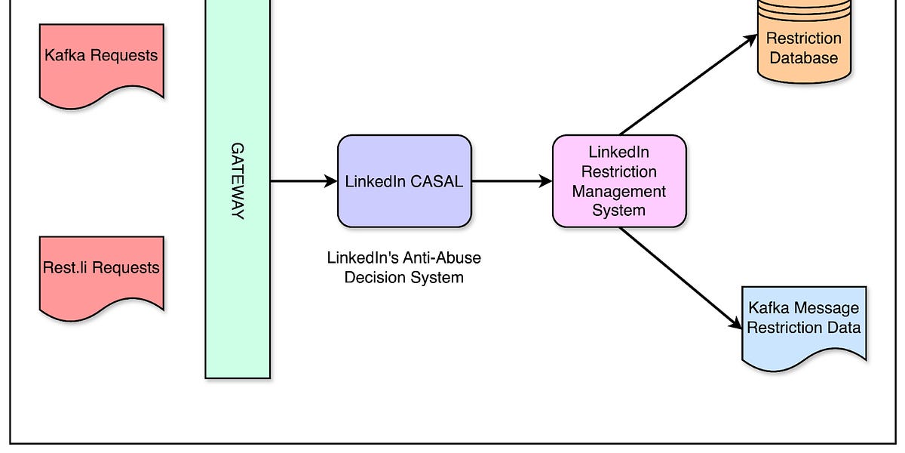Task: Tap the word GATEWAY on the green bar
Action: (x=238, y=181)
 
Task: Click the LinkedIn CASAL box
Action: (x=404, y=181)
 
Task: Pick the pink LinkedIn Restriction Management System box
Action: (x=619, y=181)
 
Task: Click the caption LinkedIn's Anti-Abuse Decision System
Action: (x=403, y=267)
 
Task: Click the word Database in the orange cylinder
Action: (x=804, y=58)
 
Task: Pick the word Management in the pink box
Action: (x=619, y=191)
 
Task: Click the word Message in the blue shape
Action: (x=830, y=308)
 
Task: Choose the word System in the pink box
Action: (x=619, y=211)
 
